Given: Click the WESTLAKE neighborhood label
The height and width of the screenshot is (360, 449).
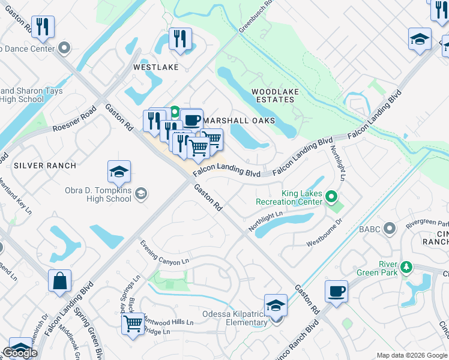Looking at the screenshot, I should pos(155,67).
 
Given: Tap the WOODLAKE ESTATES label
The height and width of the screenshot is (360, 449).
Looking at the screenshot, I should pos(273,95).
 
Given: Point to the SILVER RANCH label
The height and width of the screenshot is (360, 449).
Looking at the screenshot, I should pos(45,165).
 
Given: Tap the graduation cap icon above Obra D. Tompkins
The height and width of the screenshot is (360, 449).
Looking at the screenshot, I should pos(119,172).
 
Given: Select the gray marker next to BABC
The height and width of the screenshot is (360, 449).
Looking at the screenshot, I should pos(390,228).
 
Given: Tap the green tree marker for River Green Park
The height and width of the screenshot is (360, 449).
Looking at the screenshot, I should pos(406,266).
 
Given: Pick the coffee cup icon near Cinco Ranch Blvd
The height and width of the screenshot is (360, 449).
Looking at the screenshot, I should pos(336,292).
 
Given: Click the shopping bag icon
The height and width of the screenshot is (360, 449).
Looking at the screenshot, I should pos(60,281).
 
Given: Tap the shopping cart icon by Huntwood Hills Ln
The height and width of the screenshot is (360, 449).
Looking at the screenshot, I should pos(133,324).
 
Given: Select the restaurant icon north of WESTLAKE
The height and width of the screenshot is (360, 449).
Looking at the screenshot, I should pos(180,40).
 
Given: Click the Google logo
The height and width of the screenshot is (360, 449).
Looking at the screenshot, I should pos(21,353).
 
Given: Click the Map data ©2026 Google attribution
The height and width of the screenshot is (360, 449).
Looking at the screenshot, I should pos(412,355).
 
